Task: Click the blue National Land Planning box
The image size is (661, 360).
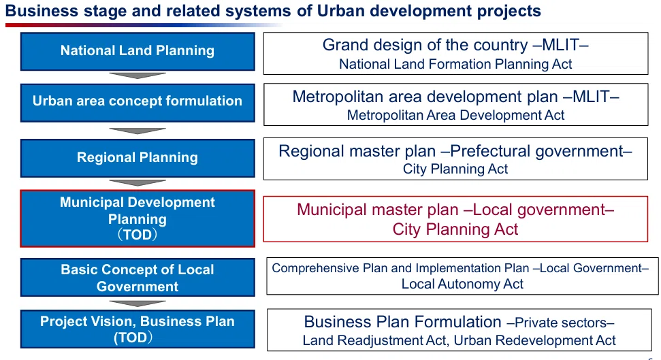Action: (138, 52)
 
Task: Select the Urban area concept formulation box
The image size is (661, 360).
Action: (138, 103)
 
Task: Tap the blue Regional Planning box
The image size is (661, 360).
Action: (138, 158)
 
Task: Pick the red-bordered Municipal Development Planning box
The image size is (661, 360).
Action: (138, 218)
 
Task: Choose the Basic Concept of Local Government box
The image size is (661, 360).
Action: (138, 278)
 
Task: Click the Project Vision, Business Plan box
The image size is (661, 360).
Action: (138, 329)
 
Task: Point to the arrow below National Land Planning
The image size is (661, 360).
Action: (138, 76)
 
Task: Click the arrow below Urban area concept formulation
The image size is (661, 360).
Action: (138, 131)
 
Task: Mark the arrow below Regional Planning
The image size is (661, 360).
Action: (138, 182)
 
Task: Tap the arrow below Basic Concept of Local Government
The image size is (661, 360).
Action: (138, 303)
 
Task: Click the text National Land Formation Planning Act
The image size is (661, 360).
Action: (455, 64)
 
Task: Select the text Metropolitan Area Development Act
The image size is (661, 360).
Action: (455, 115)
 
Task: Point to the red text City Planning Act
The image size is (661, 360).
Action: (455, 229)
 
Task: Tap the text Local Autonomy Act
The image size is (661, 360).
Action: (462, 284)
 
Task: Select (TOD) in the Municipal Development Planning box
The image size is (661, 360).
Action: (138, 234)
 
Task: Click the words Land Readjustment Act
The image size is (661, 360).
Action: (374, 340)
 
